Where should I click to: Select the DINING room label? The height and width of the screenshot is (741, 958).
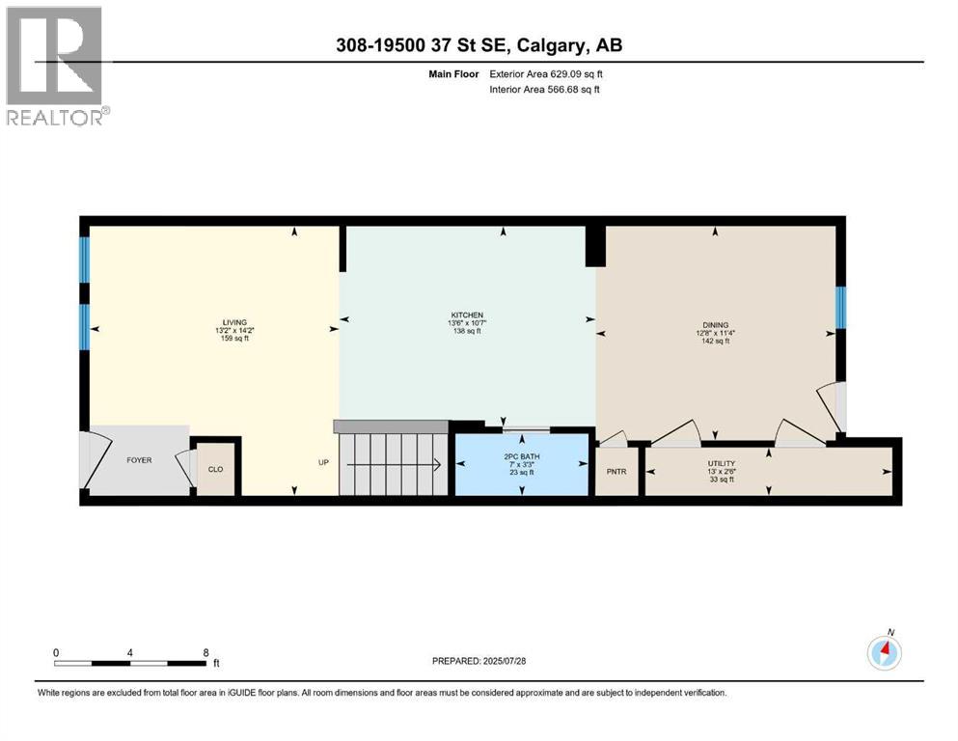point(715,325)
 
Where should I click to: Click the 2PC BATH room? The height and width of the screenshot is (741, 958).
point(522,464)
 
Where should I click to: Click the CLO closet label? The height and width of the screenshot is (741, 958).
point(216,470)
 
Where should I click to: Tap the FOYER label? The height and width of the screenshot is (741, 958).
point(139,460)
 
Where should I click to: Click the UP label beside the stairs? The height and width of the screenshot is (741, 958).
point(324,462)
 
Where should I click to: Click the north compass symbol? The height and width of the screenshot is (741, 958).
point(884,652)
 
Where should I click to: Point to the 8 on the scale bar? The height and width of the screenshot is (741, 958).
point(205,652)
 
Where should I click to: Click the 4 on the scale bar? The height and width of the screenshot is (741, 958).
point(130,652)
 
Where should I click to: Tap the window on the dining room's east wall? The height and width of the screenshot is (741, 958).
point(840,308)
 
